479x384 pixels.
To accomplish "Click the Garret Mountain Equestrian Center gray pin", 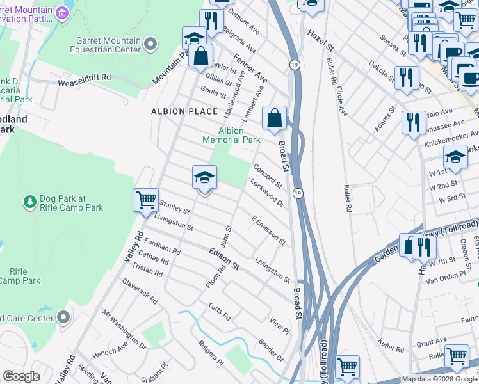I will pos(150,44).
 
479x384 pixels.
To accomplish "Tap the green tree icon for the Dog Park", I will pos(29,202).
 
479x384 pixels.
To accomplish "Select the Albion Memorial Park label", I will pos(231,135).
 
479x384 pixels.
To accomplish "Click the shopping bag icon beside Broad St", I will pos(274,119).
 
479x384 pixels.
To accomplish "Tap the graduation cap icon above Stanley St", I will pos(204,179).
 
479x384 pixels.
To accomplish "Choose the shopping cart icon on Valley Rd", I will pos(146,200).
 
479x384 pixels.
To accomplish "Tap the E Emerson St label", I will pos(268,230).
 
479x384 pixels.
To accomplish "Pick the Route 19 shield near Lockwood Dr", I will pos(298,193).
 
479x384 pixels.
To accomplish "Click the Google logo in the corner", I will pos(21,376).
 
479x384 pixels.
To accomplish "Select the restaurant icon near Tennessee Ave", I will pos(414,122).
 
